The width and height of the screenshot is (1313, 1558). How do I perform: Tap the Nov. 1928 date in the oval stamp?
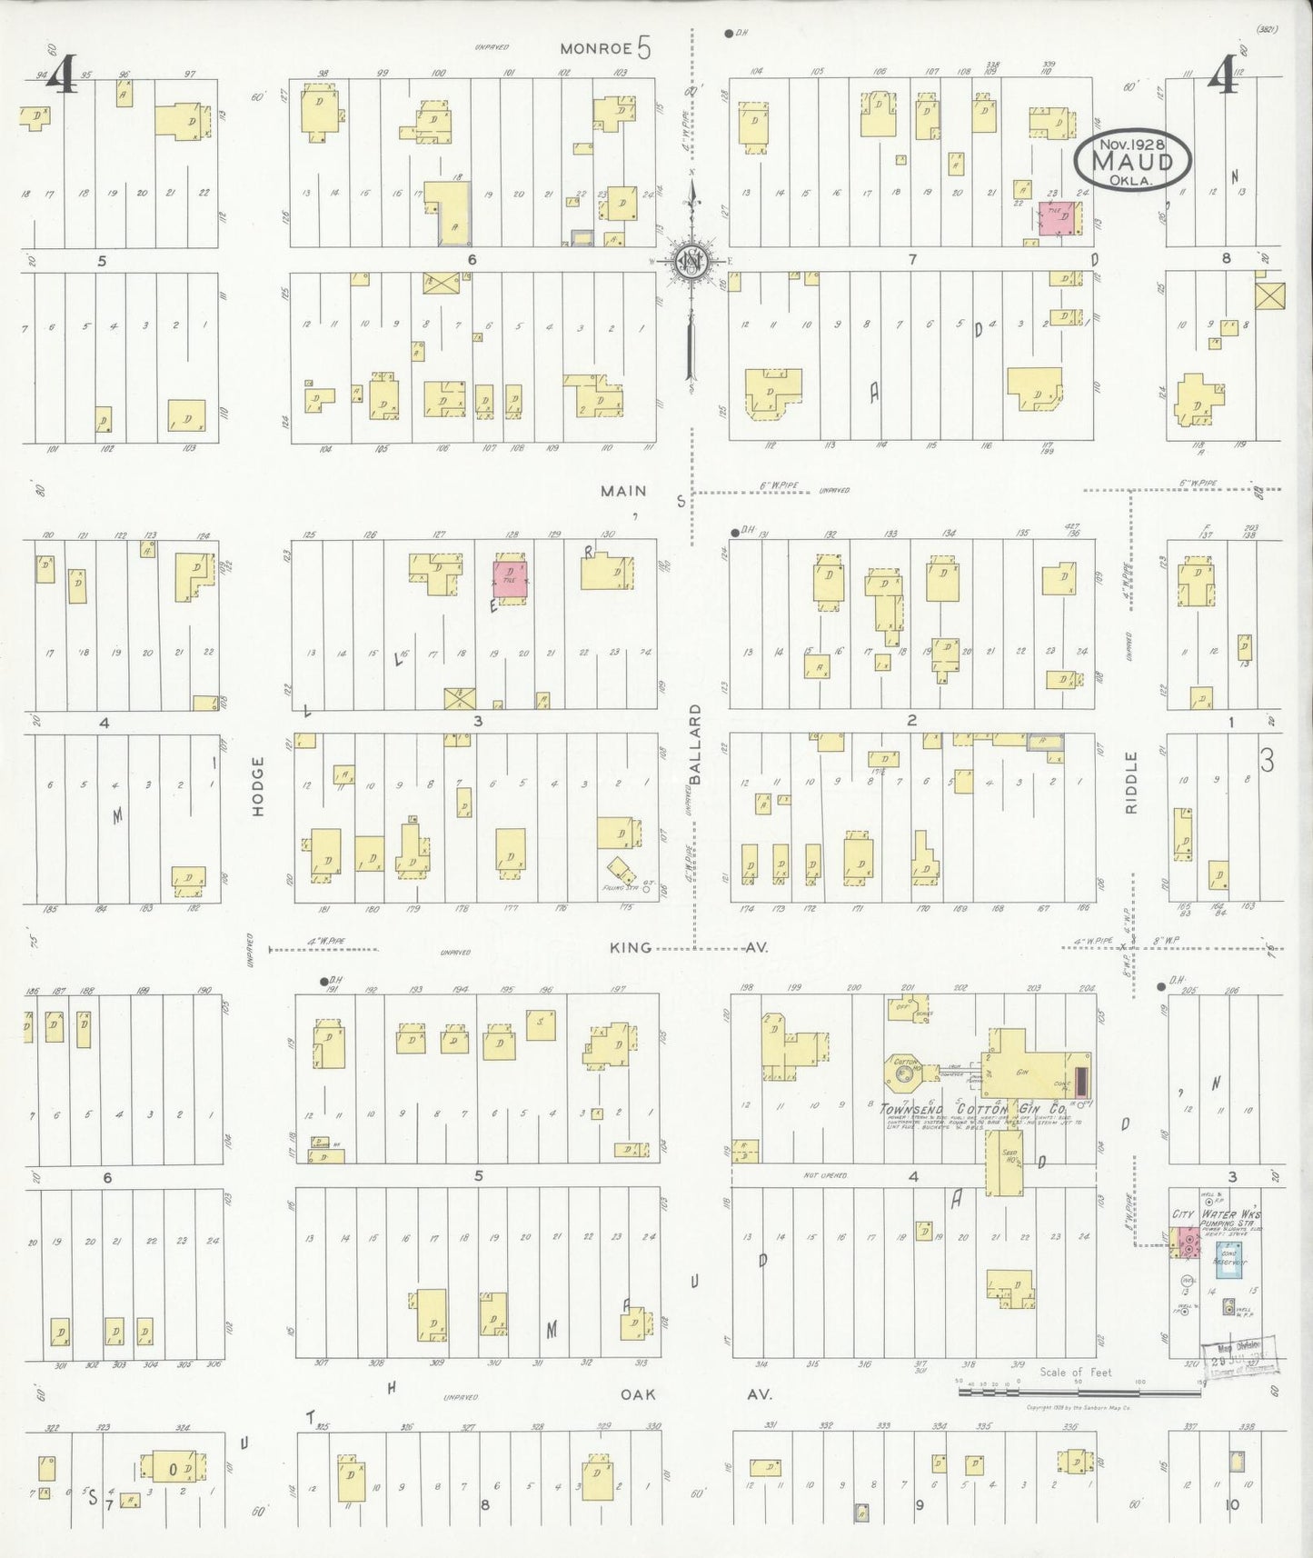1131,144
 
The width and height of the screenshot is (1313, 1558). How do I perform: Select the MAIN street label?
623,491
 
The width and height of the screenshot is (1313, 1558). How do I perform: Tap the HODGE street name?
258,785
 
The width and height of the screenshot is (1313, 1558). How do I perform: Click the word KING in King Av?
631,947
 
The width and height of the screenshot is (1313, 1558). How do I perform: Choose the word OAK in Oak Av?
639,1394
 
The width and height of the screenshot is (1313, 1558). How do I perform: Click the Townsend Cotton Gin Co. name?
972,1110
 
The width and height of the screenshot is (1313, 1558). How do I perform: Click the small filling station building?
622,870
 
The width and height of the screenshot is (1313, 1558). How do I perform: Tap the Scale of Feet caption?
1076,1373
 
